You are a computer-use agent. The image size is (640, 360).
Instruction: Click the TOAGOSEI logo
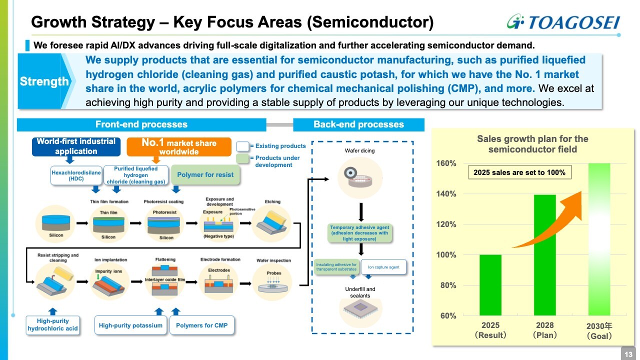pyautogui.click(x=563, y=22)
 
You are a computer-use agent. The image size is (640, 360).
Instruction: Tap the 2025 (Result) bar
pyautogui.click(x=490, y=285)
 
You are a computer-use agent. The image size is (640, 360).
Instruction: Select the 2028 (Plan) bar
pyautogui.click(x=545, y=255)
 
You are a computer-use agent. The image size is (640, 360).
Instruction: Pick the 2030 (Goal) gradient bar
pyautogui.click(x=599, y=239)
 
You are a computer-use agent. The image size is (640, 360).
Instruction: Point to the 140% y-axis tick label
pyautogui.click(x=446, y=194)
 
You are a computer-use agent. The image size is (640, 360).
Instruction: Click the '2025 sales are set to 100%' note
pyautogui.click(x=519, y=172)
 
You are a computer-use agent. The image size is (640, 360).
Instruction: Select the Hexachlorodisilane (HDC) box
pyautogui.click(x=76, y=175)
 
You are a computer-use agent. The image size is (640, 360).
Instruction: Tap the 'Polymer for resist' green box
pyautogui.click(x=205, y=174)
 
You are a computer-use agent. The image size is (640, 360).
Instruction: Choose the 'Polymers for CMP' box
pyautogui.click(x=202, y=325)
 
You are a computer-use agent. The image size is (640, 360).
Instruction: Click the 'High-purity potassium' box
pyautogui.click(x=130, y=325)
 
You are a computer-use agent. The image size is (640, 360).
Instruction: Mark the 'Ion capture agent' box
pyautogui.click(x=383, y=267)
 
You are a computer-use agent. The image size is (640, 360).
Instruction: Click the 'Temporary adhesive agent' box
pyautogui.click(x=359, y=233)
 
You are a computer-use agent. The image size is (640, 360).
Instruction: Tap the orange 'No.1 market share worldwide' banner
pyautogui.click(x=179, y=146)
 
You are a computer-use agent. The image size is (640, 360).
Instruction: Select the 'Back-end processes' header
pyautogui.click(x=358, y=124)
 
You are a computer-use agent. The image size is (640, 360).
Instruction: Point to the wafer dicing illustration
pyautogui.click(x=360, y=177)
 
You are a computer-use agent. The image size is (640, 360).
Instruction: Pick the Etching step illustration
pyautogui.click(x=271, y=223)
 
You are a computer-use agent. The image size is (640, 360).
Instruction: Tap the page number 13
pyautogui.click(x=628, y=354)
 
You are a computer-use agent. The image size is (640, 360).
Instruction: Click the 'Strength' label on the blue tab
pyautogui.click(x=44, y=81)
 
